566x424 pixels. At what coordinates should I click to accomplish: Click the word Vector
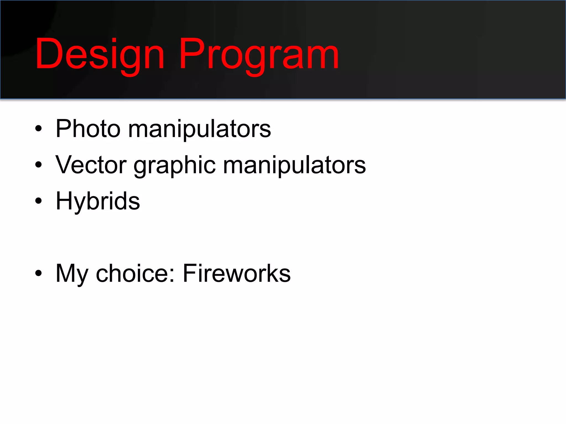pos(91,165)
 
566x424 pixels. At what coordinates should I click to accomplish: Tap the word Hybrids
pos(98,201)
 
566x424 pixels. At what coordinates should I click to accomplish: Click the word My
pos(72,274)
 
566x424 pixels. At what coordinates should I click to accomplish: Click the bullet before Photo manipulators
pos(38,129)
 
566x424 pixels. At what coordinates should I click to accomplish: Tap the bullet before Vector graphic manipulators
pos(38,165)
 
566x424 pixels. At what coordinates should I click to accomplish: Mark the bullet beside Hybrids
pos(38,201)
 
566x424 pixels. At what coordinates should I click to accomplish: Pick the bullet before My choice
pos(38,273)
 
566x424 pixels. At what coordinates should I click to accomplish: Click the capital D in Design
pos(49,54)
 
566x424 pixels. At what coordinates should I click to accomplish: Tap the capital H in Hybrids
pos(64,201)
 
